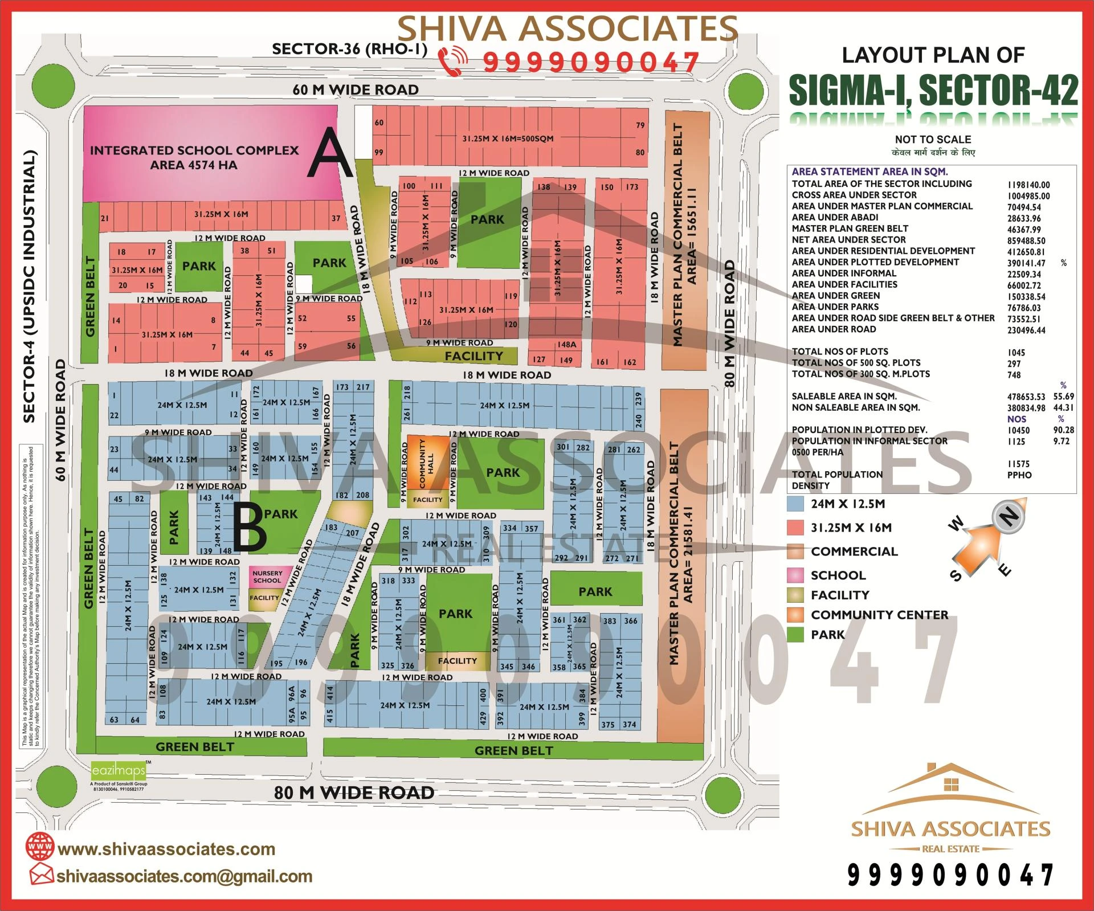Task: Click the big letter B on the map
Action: pos(250,528)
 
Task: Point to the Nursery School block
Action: pos(267,577)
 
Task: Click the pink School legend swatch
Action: pos(795,575)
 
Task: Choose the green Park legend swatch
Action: pos(795,635)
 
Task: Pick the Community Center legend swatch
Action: pos(795,615)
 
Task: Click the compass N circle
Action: pos(1009,516)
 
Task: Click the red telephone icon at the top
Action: pos(454,62)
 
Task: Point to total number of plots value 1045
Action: pos(1016,353)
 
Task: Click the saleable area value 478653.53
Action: pos(1026,397)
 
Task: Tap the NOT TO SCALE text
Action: pos(933,140)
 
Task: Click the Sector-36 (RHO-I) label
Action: pos(349,49)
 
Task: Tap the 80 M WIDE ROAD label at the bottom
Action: pos(354,792)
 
